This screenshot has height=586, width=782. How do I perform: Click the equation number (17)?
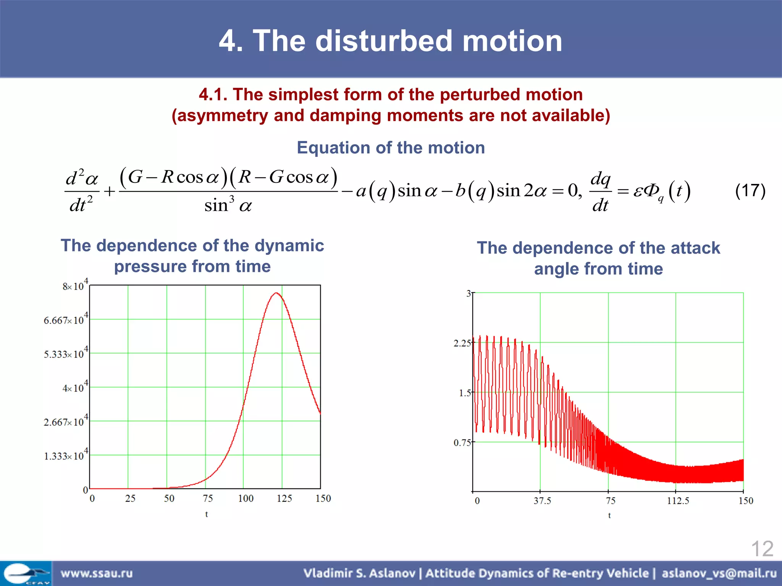tap(750, 190)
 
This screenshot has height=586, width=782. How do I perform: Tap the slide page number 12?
tap(762, 549)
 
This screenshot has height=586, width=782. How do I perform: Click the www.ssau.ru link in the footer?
tap(97, 573)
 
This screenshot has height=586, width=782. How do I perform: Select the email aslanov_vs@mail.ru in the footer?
tap(719, 573)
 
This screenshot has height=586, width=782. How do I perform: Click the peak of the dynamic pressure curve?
tap(276, 293)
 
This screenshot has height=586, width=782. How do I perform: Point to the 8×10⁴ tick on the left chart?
tap(75, 286)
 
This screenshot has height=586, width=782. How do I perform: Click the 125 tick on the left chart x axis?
tap(284, 498)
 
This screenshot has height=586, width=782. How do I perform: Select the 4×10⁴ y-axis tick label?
tap(75, 388)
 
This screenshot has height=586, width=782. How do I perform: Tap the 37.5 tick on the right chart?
tap(542, 501)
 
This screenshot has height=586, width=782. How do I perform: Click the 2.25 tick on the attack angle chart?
tap(462, 343)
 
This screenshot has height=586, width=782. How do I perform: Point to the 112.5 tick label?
tap(678, 501)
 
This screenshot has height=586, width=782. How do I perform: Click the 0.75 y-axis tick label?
tap(462, 443)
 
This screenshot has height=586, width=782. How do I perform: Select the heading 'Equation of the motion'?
tap(391, 148)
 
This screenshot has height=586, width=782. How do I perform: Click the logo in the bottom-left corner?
tap(26, 573)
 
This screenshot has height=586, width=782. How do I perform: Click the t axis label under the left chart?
tap(207, 514)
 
